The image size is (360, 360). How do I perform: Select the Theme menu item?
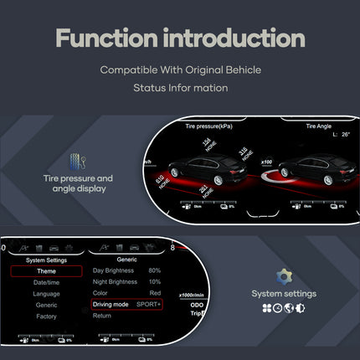pos(47,271)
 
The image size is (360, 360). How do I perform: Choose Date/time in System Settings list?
pos(47,282)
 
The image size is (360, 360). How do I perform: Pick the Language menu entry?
pos(47,294)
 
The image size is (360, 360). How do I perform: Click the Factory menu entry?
pos(47,316)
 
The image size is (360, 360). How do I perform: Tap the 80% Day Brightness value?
pos(154,270)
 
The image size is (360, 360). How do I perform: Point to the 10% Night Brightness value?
pos(154,282)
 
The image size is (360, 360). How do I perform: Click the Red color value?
pos(154,293)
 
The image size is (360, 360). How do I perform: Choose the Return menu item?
pos(101,316)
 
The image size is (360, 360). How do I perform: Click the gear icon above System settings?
pos(284,277)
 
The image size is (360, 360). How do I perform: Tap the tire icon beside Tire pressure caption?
pos(78,162)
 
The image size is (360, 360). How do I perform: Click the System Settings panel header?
pos(47,260)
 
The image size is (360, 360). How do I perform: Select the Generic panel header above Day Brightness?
pos(128,260)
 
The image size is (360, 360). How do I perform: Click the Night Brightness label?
pos(115,282)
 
